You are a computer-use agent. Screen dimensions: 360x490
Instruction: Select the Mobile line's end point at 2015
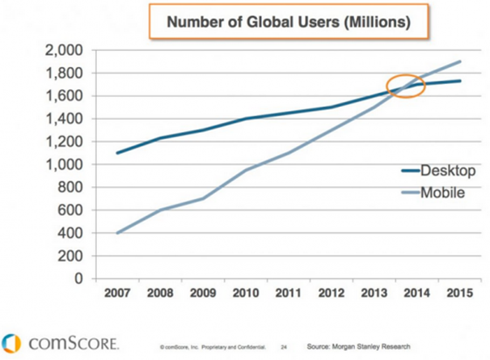[461, 61]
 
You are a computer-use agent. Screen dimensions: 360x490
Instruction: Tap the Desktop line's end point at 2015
[461, 81]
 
